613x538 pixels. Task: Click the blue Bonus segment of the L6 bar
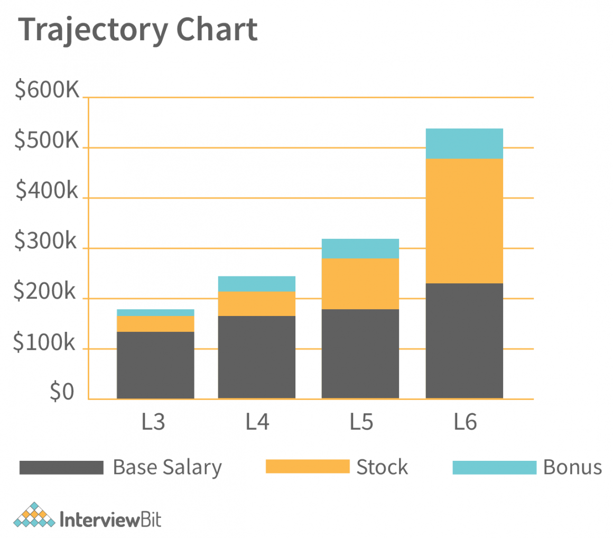(x=464, y=143)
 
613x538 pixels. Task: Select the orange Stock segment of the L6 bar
(x=464, y=221)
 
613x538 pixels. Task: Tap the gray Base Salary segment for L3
(x=155, y=365)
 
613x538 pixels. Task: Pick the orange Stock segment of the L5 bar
(x=360, y=283)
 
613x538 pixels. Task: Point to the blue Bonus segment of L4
(x=257, y=284)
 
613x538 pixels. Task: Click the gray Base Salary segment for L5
(x=360, y=353)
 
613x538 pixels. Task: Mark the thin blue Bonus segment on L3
(x=155, y=312)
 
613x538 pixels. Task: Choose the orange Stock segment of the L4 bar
(x=257, y=303)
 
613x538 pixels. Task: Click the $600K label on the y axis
(x=47, y=90)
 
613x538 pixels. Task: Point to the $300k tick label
(x=45, y=242)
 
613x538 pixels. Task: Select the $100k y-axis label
(x=45, y=342)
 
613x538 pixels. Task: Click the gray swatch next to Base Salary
(x=61, y=467)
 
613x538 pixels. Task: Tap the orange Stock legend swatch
(x=306, y=467)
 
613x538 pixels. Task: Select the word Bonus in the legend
(x=572, y=467)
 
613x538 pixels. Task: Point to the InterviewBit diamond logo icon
(x=34, y=515)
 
